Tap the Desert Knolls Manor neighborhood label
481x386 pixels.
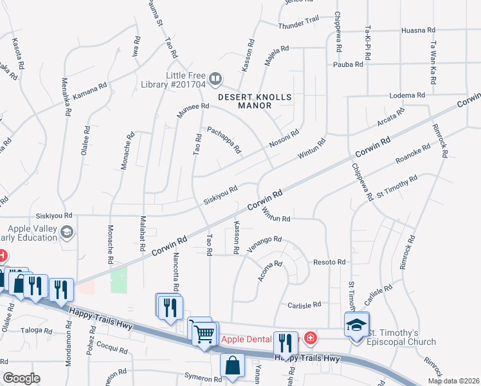point(255,101)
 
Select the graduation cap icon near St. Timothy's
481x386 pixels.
point(356,324)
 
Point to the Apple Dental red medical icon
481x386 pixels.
point(310,338)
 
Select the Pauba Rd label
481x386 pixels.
point(348,64)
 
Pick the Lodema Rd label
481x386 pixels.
point(408,95)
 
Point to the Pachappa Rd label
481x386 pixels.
point(224,140)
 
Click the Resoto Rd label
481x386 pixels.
point(329,262)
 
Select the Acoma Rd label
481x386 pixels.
point(270,272)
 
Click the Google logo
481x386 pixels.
point(21,378)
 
